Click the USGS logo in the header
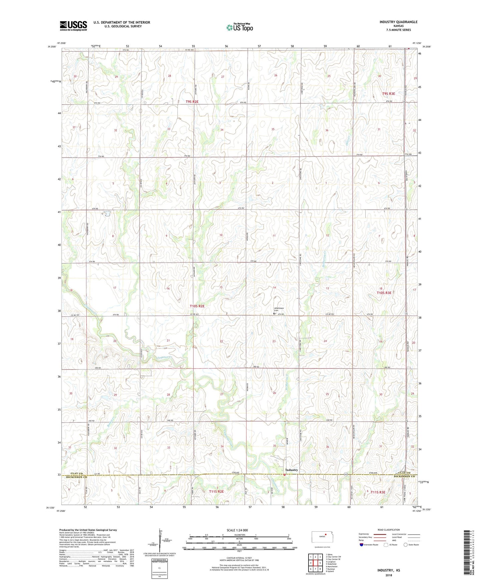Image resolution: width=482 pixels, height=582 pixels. point(73,26)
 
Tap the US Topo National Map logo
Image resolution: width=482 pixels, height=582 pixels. point(239,27)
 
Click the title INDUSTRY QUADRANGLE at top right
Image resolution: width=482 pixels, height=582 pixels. point(398,22)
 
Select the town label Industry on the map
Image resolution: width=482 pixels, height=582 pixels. point(292,470)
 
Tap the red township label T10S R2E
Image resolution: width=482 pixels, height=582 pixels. point(197,306)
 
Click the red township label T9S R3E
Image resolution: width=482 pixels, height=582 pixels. point(388,94)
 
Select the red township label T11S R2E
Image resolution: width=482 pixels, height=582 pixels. point(216,491)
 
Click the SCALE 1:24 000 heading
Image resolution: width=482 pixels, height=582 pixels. point(237,530)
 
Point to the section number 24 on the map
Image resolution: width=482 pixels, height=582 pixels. point(325,341)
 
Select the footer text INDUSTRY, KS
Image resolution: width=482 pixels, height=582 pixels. point(389,570)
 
